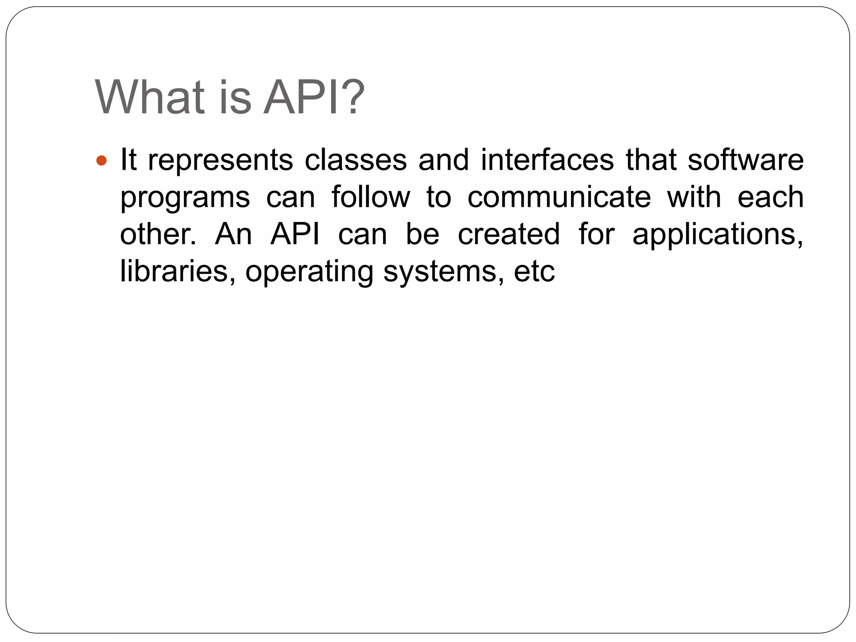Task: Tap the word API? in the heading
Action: pos(314,97)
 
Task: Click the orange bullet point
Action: pos(102,160)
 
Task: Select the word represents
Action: pos(221,160)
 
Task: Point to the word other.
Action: pos(158,234)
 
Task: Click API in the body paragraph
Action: pos(295,234)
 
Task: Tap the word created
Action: pos(509,234)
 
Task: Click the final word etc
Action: pos(534,271)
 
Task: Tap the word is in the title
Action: pos(235,97)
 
